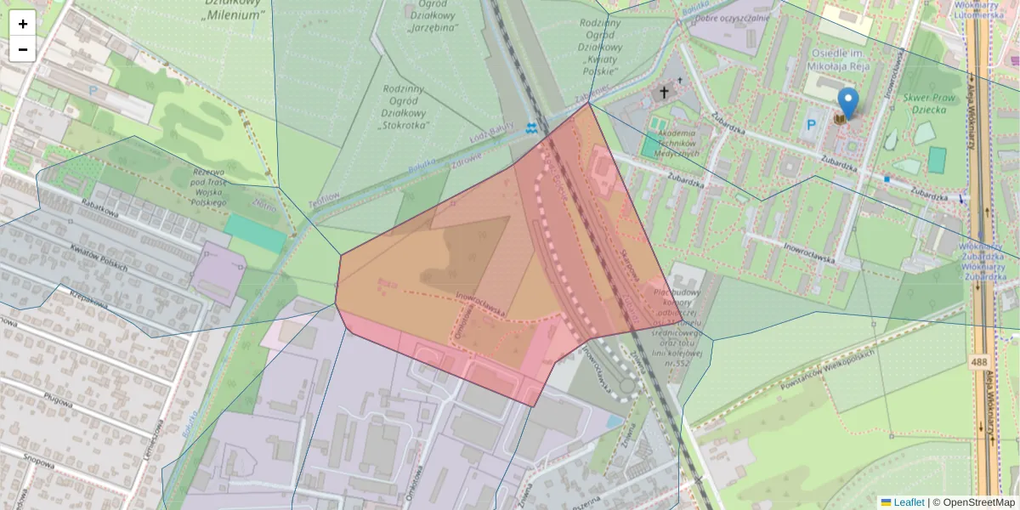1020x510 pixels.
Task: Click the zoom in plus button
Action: click(23, 24)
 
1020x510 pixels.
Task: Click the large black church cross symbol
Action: click(664, 91)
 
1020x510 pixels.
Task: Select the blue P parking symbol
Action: click(811, 125)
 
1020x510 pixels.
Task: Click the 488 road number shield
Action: click(977, 363)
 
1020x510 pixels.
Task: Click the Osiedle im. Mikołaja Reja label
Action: click(833, 58)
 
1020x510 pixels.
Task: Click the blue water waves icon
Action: click(532, 129)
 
